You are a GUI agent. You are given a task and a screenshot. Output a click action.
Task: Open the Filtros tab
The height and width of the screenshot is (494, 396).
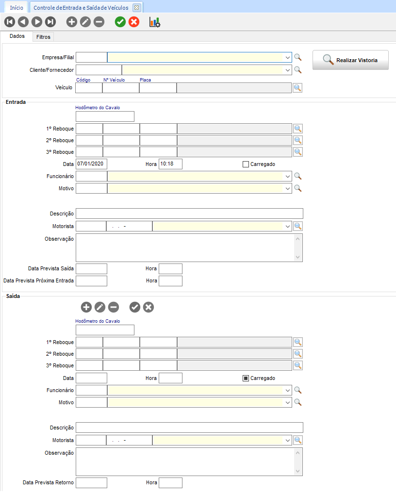coord(43,37)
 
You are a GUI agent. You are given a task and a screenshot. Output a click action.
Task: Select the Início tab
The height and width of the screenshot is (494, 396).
coord(16,8)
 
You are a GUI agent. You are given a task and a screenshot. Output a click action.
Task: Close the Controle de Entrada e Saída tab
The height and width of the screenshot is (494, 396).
coord(136,8)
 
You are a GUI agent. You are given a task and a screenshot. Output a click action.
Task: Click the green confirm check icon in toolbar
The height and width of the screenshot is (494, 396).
coord(120,22)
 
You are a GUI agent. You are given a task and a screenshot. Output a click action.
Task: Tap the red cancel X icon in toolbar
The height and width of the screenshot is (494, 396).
coord(134,22)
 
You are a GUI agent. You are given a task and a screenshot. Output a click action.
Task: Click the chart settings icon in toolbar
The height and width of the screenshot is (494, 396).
coord(155,22)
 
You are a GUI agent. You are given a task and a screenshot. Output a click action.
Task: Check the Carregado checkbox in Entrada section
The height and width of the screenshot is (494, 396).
coord(246,164)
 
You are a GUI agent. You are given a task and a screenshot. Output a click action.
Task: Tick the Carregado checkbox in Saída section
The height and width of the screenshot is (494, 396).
coord(246,378)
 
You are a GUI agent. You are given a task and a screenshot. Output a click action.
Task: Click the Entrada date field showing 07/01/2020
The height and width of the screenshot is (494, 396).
coord(91,164)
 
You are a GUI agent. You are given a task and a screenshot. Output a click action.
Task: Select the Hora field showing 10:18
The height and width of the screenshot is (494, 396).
coord(170,164)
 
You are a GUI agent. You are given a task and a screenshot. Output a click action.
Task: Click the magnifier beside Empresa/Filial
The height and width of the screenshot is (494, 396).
coord(298,57)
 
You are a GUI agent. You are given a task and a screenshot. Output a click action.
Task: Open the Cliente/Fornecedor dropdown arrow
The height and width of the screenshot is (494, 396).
coord(288,70)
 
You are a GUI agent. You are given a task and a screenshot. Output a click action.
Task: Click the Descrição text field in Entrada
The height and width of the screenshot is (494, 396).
coord(189,214)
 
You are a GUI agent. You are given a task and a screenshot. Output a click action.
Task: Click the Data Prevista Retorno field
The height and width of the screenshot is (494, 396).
coord(91,483)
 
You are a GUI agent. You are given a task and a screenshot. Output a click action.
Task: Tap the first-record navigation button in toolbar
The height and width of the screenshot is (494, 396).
coord(9,22)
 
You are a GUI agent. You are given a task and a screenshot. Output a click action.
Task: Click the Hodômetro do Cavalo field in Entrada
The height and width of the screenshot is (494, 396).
coord(105,116)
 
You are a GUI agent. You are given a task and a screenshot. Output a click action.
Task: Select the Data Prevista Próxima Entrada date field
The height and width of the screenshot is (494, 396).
coord(91,281)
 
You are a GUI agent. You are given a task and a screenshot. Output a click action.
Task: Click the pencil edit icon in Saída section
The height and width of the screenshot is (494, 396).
coord(100,307)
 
